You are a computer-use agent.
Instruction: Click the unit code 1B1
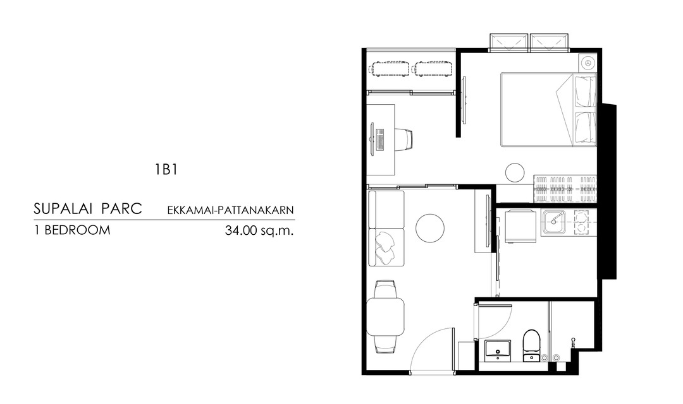pos(166,169)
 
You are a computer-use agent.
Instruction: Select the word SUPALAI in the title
pos(64,209)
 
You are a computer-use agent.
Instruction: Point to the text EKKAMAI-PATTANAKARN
pos(230,210)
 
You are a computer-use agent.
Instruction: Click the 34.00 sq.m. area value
pos(259,230)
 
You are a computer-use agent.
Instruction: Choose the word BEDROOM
pos(77,230)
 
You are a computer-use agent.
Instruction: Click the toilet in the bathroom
pos(531,345)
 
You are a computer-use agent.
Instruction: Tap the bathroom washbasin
pos(498,350)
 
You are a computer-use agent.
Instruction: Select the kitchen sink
pos(554,223)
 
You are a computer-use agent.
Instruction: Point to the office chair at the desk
pos(403,139)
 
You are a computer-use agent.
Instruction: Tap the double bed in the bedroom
pos(548,109)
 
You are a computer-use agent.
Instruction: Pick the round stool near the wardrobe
pos(515,172)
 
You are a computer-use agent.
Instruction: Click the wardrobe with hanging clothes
pos(565,189)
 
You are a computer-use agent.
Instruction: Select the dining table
pos(386,316)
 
